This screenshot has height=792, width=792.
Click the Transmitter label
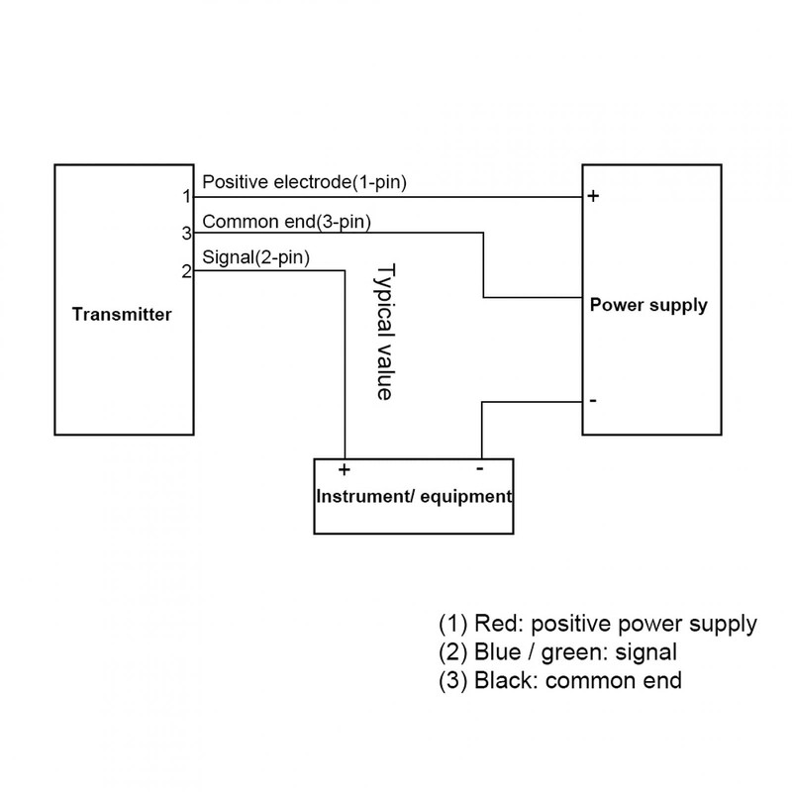click(x=122, y=315)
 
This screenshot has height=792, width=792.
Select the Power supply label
click(x=648, y=304)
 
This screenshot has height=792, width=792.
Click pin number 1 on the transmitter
click(x=185, y=196)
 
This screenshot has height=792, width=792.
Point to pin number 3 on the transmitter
click(x=185, y=234)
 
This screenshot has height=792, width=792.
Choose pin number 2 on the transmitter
click(x=185, y=271)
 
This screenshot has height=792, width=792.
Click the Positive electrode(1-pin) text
click(x=304, y=182)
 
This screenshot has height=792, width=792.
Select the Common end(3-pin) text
click(x=286, y=221)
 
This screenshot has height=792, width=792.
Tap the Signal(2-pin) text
click(x=255, y=258)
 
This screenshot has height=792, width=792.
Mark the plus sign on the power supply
click(x=593, y=196)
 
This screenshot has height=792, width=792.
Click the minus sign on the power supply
click(x=592, y=400)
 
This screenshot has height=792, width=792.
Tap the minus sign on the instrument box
click(x=479, y=466)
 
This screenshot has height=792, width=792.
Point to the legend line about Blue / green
click(x=557, y=652)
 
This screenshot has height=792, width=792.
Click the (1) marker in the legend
click(x=452, y=624)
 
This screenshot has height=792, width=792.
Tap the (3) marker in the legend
click(x=452, y=681)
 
